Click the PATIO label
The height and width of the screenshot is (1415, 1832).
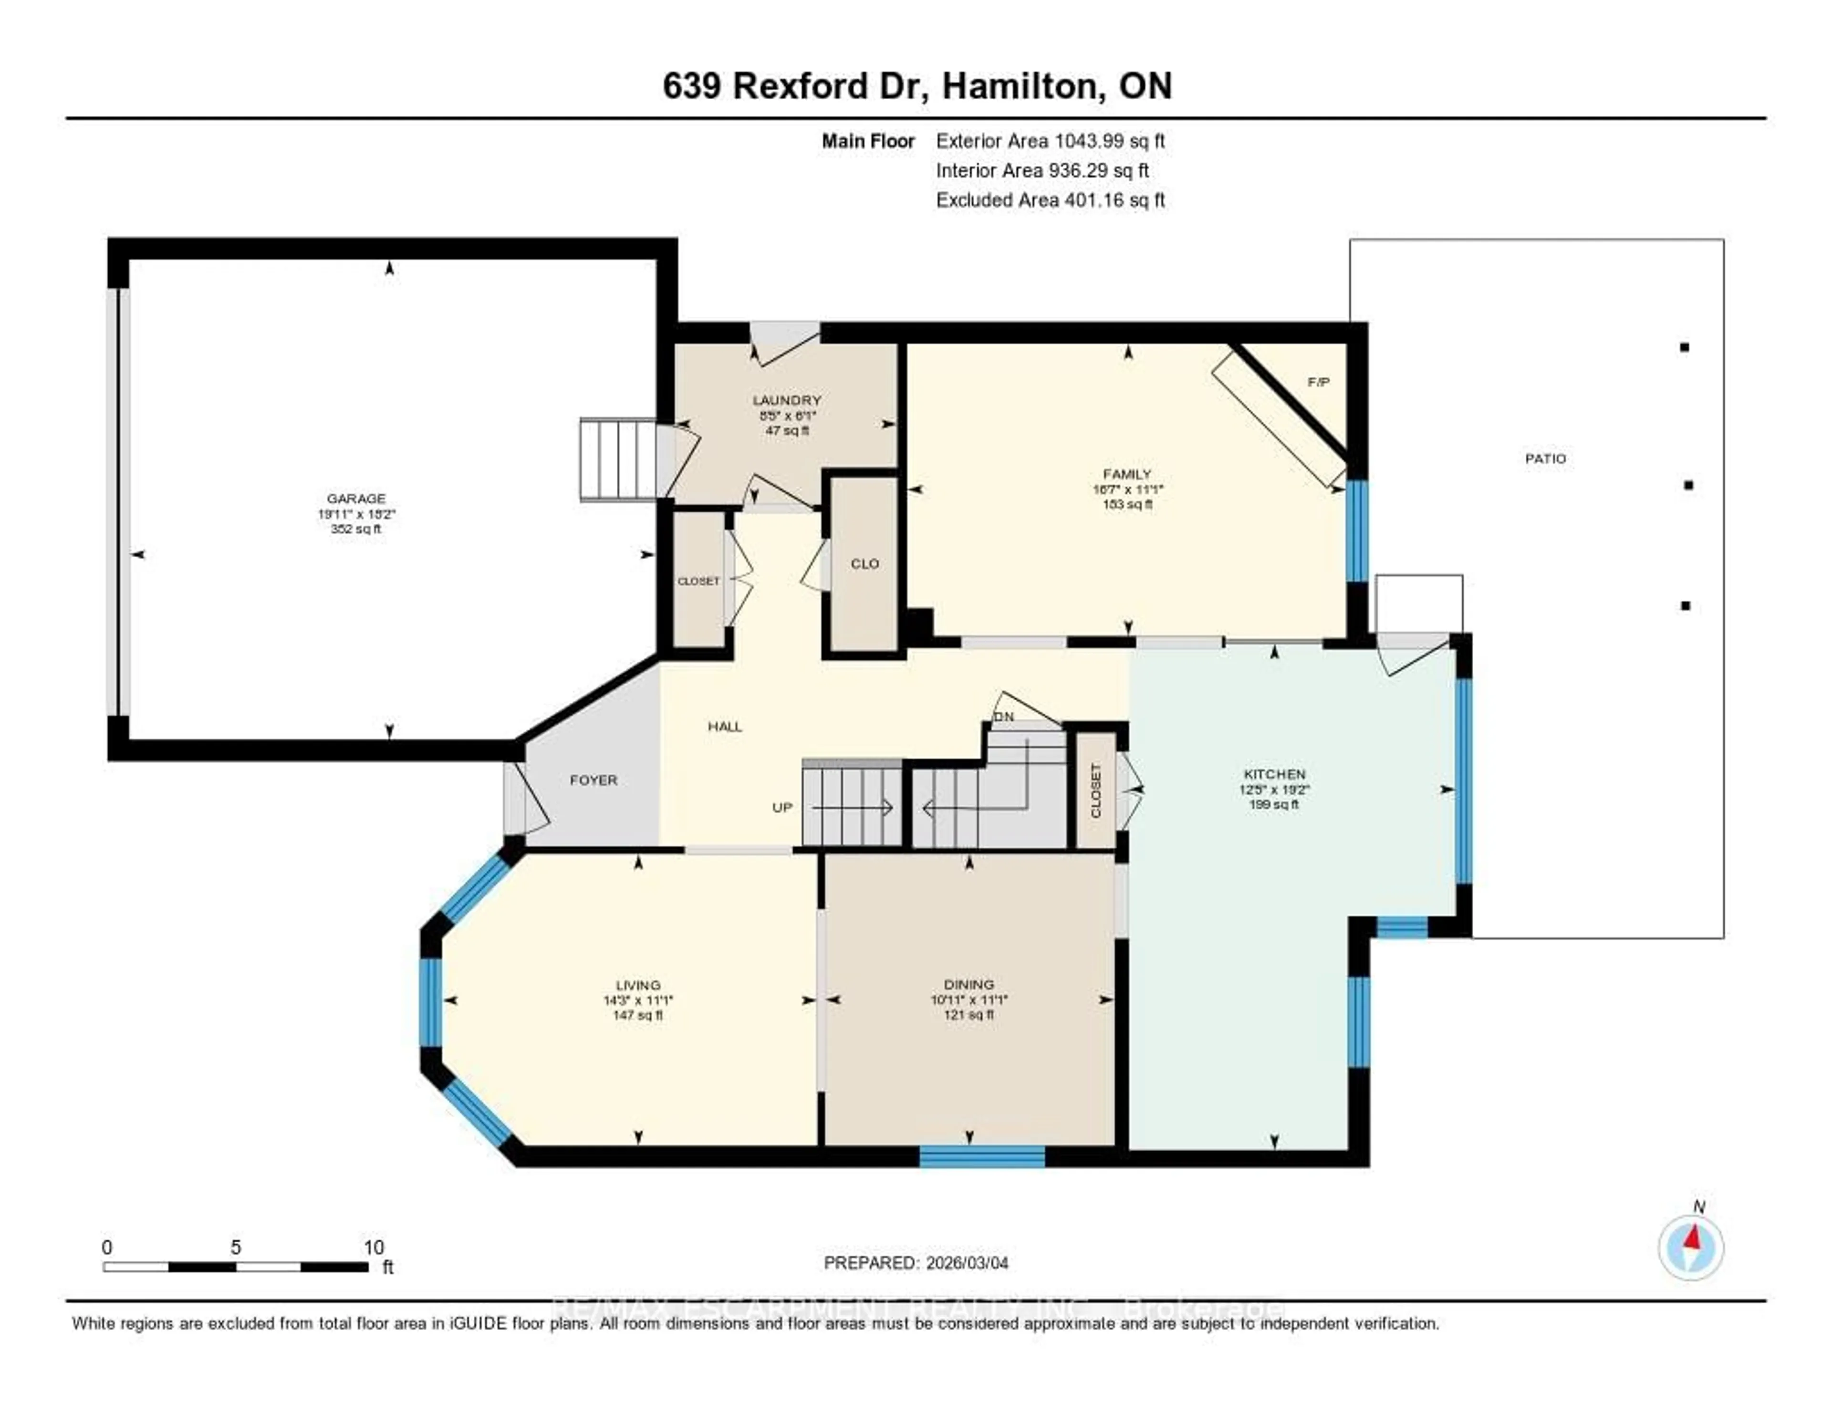[x=1545, y=459]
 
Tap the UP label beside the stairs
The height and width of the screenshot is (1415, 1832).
[x=782, y=807]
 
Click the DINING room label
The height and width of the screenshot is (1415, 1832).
[x=969, y=984]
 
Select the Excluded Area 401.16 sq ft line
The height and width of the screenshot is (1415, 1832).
[x=1050, y=199]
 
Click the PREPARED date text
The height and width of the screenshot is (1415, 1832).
[x=916, y=1262]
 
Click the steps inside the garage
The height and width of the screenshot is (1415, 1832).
[x=618, y=459]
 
